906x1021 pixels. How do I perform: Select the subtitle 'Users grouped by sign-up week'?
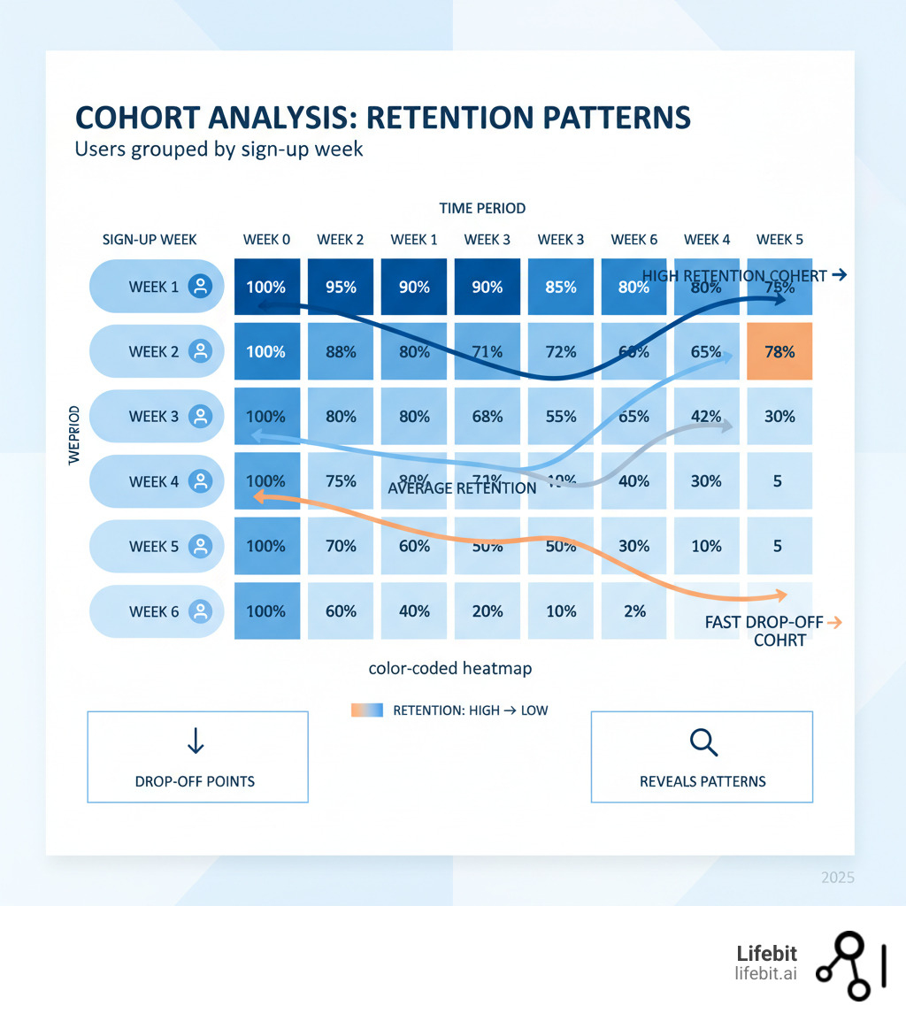click(219, 149)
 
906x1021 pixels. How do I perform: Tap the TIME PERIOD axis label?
click(482, 208)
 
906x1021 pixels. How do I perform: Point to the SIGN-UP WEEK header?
click(150, 239)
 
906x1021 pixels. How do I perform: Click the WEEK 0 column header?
click(266, 239)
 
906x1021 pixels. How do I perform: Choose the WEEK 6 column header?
click(633, 239)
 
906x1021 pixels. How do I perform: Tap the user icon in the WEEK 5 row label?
click(201, 546)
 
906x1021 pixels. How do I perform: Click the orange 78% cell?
click(779, 351)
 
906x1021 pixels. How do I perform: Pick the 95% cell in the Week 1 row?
click(341, 287)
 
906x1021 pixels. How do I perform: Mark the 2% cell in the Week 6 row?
click(634, 610)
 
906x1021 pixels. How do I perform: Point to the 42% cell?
click(706, 416)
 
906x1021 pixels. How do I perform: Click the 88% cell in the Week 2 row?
click(341, 351)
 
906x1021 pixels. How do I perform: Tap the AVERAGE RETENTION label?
click(462, 487)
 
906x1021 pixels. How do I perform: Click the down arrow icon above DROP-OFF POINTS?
click(196, 741)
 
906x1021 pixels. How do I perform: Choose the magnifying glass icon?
click(703, 743)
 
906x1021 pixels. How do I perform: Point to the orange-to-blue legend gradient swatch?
click(366, 710)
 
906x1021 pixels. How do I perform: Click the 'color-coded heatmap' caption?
click(449, 669)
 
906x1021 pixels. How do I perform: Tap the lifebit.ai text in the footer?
click(765, 973)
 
